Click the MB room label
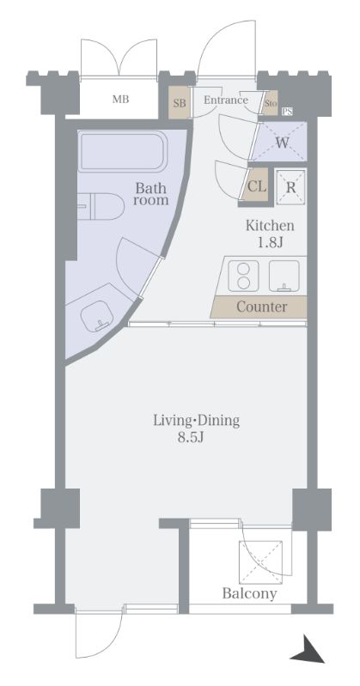[x=120, y=100]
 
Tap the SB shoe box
[x=180, y=103]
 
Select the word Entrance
[x=226, y=100]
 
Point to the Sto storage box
[x=271, y=104]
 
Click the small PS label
[x=287, y=112]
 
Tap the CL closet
[x=257, y=185]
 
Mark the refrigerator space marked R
[x=290, y=187]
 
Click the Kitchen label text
[x=269, y=226]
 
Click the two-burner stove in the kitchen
[x=241, y=276]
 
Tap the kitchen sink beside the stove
[x=284, y=276]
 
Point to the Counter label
[x=262, y=307]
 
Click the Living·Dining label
[x=196, y=421]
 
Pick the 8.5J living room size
[x=191, y=438]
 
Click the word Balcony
[x=250, y=593]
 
